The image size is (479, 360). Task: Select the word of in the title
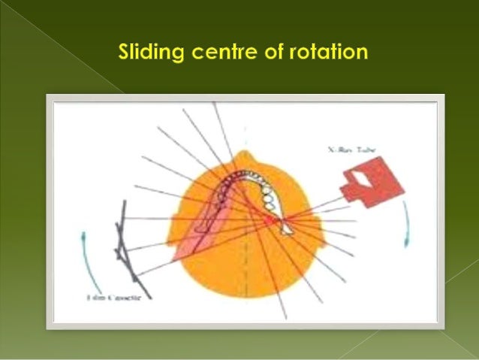(x=268, y=53)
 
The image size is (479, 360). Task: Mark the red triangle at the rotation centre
(x=271, y=219)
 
